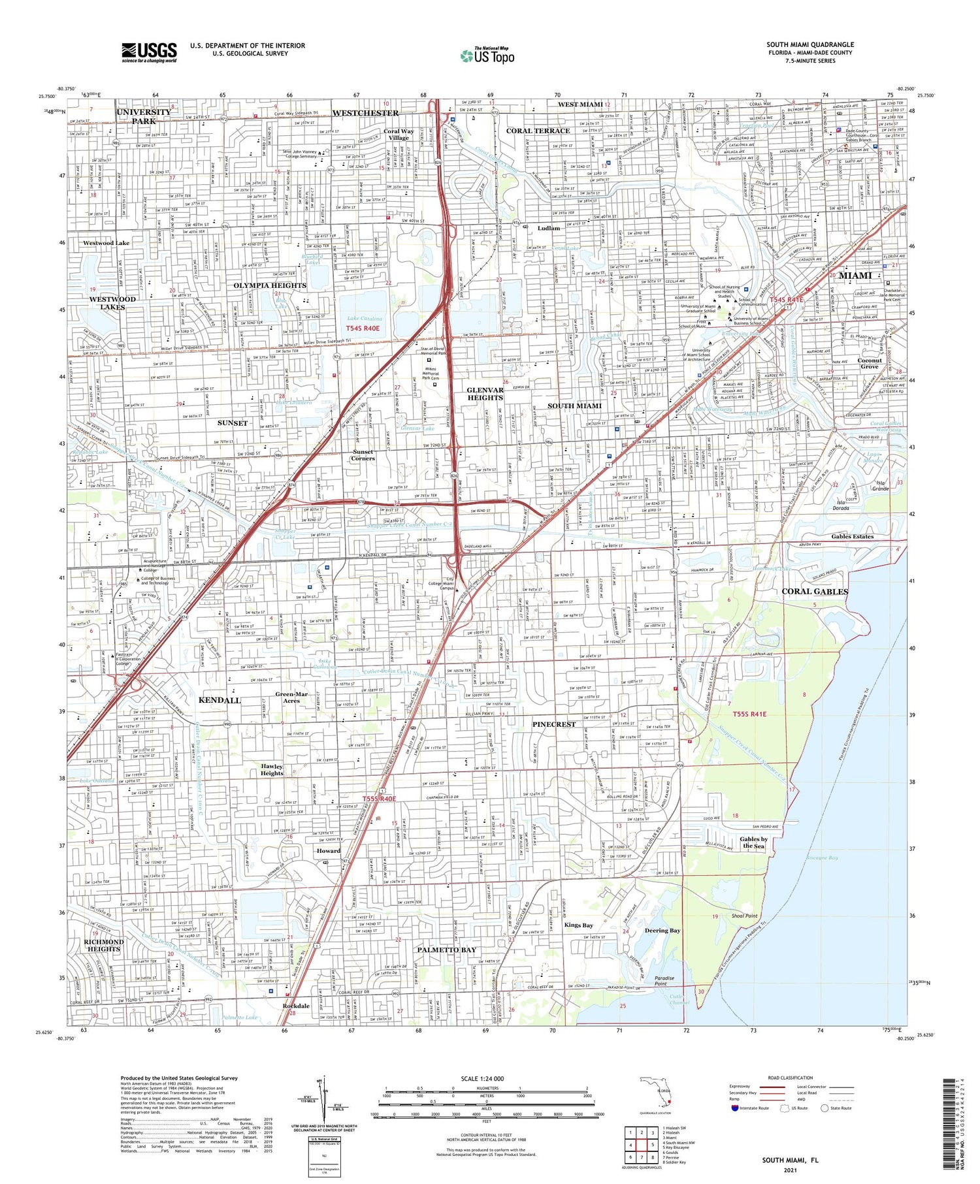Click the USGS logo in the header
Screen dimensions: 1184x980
(149, 52)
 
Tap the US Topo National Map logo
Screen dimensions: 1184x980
(487, 56)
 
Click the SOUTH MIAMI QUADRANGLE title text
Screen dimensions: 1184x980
(810, 44)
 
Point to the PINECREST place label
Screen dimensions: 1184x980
(553, 724)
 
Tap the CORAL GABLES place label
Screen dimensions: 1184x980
(815, 591)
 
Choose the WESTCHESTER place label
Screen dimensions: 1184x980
(365, 113)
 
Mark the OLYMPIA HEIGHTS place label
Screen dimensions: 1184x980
(270, 285)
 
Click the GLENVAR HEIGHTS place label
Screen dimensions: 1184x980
(485, 394)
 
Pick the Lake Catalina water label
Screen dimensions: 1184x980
(365, 319)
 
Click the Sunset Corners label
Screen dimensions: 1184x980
(363, 455)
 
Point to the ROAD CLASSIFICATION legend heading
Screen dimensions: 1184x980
(791, 1078)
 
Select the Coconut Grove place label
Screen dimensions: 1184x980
(870, 363)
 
